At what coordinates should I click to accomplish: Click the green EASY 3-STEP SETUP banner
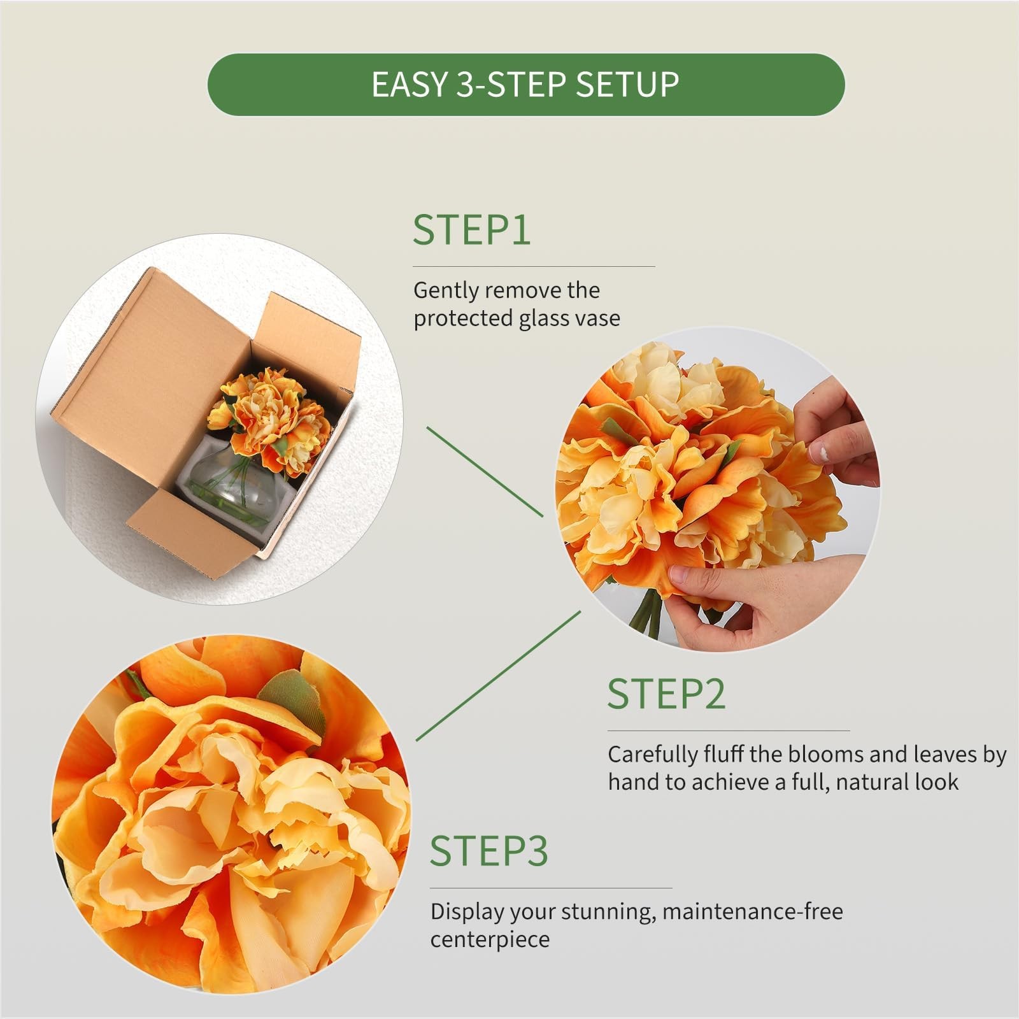526,85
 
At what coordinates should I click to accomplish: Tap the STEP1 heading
471,230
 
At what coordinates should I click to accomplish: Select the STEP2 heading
666,694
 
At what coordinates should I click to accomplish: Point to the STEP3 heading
488,851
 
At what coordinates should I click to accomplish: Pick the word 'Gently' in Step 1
446,291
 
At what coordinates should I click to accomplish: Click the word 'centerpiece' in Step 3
490,940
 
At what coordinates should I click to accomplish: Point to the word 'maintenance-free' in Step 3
753,911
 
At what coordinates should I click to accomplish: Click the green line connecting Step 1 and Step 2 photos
485,472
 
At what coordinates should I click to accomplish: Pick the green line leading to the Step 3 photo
499,676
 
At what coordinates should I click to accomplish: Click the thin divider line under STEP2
729,730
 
